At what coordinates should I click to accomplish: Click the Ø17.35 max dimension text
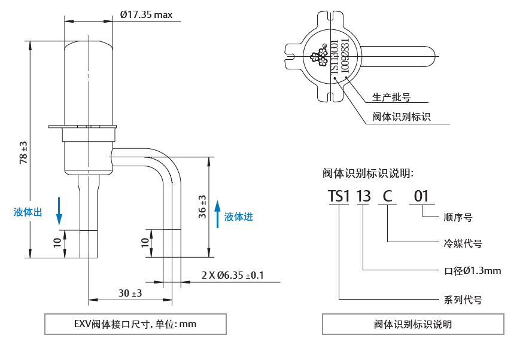coord(146,14)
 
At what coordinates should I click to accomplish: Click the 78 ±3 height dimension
coord(23,152)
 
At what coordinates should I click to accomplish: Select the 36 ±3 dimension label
coord(202,207)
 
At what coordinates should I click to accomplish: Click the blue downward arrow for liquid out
coord(59,211)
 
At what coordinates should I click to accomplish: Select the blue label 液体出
coord(28,212)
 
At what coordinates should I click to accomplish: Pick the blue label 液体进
coord(239,216)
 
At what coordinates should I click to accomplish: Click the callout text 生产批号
coord(391,97)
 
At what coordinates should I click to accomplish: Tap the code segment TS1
coord(338,196)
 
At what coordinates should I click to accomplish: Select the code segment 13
coord(363,196)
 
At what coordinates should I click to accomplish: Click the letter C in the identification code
coord(388,196)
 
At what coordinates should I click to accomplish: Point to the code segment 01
coord(421,196)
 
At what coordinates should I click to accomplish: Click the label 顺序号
coord(458,217)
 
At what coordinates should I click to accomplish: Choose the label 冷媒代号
coord(463,243)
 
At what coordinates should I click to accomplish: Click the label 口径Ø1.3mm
coord(472,270)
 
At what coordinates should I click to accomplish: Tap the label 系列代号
coord(463,300)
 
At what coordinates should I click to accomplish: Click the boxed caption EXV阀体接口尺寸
coord(135,324)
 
